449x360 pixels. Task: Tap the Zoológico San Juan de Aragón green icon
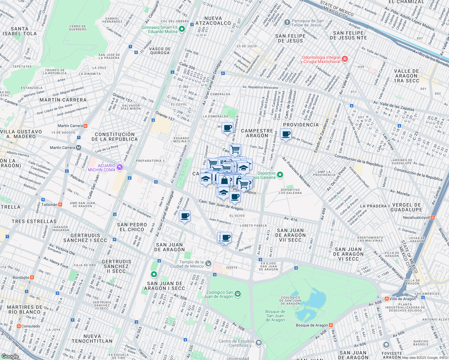coord(238,294)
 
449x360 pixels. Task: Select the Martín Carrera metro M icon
coord(79,148)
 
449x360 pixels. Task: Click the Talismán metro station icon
coord(60,205)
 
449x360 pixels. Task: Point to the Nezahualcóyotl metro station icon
coord(432,217)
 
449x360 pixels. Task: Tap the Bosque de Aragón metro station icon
coord(331,325)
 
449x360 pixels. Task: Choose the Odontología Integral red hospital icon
coord(345,59)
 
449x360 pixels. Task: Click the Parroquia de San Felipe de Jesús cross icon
coord(287,22)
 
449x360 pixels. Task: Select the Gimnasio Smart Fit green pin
coord(182,29)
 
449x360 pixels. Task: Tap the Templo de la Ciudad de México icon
coord(208,264)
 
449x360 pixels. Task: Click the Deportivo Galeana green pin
coord(280,175)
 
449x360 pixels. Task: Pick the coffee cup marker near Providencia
coord(286,134)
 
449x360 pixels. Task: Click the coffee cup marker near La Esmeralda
coord(228,128)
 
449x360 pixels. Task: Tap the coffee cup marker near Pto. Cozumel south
coord(185,216)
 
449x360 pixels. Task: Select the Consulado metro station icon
coord(19,326)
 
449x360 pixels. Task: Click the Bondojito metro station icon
coord(32,277)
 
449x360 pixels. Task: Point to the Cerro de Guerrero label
coord(78,28)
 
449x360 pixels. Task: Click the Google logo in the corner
coord(10,356)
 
